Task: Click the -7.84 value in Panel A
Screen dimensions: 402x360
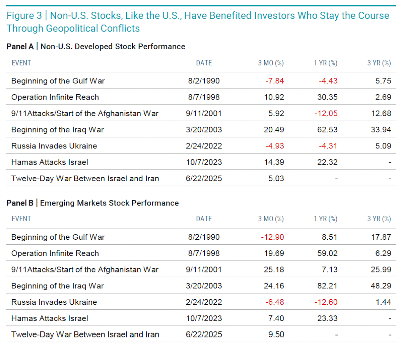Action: (x=274, y=81)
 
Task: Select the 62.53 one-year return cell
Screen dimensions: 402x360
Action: (x=327, y=130)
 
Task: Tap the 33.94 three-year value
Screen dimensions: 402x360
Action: (x=381, y=130)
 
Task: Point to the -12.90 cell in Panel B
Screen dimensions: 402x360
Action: (x=272, y=237)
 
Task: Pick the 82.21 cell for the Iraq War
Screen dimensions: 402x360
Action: (x=327, y=286)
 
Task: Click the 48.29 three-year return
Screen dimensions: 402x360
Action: (x=381, y=286)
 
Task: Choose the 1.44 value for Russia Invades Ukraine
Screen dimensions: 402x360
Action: (x=383, y=302)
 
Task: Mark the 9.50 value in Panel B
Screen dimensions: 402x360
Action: (x=276, y=335)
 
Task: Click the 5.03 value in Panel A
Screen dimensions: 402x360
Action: (x=276, y=178)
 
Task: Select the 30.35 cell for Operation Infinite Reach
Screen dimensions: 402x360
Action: (x=327, y=97)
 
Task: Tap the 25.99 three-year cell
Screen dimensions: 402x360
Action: (x=381, y=269)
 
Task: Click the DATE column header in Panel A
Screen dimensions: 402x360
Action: (x=204, y=63)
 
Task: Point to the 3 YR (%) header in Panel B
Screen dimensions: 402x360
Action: (x=379, y=219)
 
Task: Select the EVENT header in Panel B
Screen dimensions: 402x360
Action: (x=21, y=219)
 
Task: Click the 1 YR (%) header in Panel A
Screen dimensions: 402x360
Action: (x=325, y=63)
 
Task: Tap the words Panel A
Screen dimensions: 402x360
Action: (x=20, y=47)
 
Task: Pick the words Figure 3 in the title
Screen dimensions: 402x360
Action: (x=24, y=15)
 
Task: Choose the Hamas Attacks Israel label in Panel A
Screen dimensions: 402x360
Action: (x=50, y=162)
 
